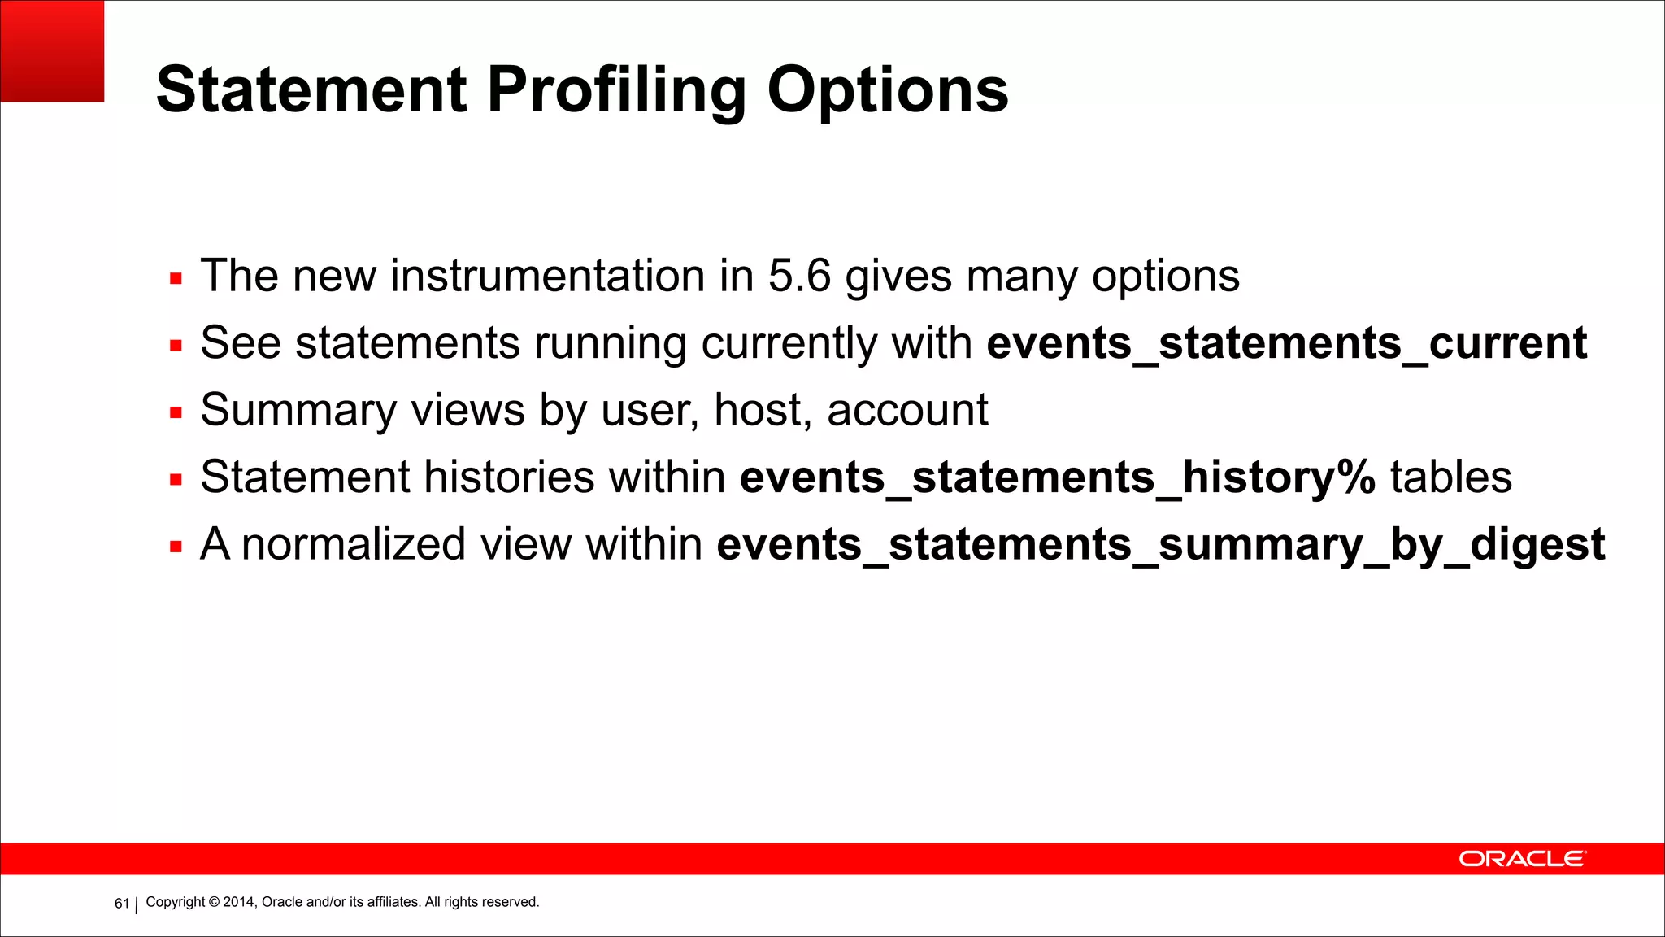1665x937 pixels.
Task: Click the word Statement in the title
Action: pyautogui.click(x=311, y=89)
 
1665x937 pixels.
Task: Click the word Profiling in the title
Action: pyautogui.click(x=616, y=89)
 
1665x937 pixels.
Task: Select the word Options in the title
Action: pyautogui.click(x=888, y=89)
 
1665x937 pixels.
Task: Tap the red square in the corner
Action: pyautogui.click(x=52, y=50)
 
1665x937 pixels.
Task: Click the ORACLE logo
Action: pyautogui.click(x=1521, y=859)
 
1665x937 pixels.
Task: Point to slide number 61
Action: pyautogui.click(x=122, y=904)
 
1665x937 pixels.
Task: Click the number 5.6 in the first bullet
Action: pyautogui.click(x=799, y=276)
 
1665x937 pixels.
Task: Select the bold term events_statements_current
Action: pyautogui.click(x=1286, y=342)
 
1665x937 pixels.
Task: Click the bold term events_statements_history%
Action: pyautogui.click(x=1057, y=477)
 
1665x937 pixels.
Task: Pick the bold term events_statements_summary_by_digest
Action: pyautogui.click(x=1160, y=543)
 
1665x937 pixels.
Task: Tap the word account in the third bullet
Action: pyautogui.click(x=907, y=409)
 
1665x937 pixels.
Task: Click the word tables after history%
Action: pyautogui.click(x=1450, y=477)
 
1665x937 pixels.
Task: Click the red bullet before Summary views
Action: pyautogui.click(x=176, y=413)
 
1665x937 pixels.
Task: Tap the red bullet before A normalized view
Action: pyautogui.click(x=176, y=547)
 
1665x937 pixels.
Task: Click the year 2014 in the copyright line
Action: pyautogui.click(x=239, y=902)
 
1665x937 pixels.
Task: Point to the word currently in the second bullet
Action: pyautogui.click(x=789, y=342)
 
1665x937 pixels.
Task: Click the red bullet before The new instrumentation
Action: pyautogui.click(x=176, y=279)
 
